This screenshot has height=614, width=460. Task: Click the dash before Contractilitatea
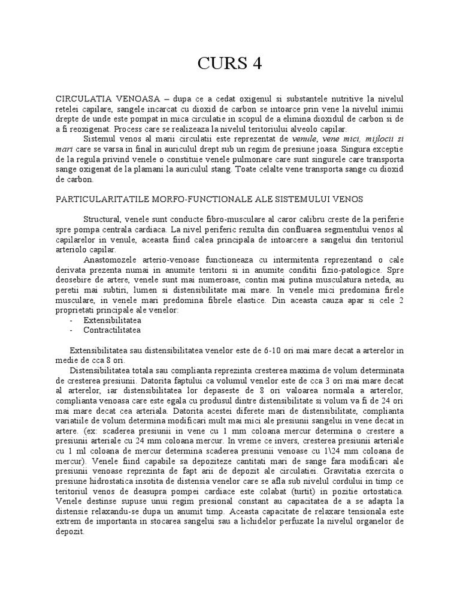pyautogui.click(x=72, y=330)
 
